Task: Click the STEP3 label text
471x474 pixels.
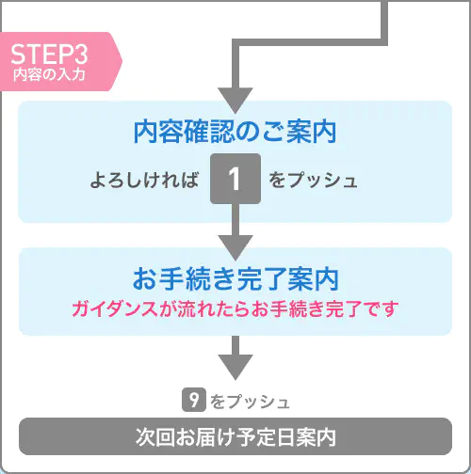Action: [49, 55]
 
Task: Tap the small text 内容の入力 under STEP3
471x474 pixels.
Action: [49, 74]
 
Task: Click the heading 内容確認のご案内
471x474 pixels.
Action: [235, 132]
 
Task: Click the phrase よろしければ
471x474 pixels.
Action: [145, 181]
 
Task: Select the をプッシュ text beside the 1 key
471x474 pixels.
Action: [313, 181]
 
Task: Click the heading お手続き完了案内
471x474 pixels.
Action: [235, 279]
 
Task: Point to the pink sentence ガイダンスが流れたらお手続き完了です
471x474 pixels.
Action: [235, 309]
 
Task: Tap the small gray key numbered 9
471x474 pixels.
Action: [194, 400]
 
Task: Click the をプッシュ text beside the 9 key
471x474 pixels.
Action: [250, 402]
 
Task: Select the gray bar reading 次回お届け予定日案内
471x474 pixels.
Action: [235, 436]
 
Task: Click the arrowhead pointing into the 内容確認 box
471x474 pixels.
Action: [235, 101]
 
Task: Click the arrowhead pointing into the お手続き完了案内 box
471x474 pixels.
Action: [235, 247]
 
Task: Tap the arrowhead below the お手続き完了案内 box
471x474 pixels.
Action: [235, 367]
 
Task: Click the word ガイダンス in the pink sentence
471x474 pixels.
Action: [115, 309]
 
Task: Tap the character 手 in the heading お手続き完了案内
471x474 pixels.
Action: [171, 279]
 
